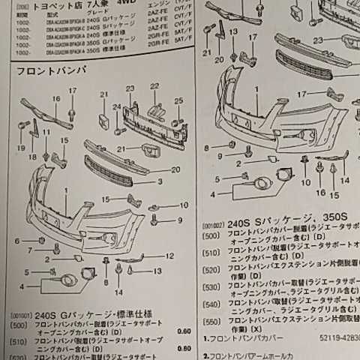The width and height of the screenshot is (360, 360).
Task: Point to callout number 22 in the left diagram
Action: tap(154, 87)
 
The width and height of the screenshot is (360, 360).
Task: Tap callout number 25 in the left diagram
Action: tap(178, 101)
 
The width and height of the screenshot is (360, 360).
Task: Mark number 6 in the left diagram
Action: tap(17, 240)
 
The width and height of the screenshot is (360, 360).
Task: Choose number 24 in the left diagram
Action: tap(116, 107)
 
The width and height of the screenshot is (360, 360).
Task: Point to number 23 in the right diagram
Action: tap(318, 40)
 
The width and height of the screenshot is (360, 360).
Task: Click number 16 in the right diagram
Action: tap(320, 193)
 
